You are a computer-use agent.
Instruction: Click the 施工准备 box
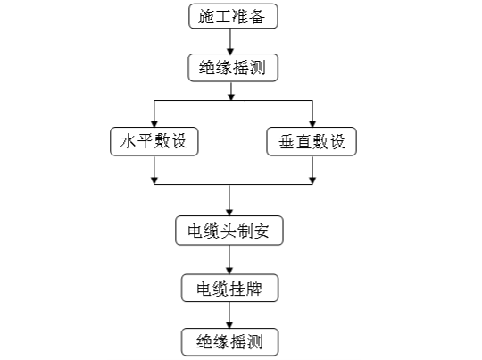(233, 16)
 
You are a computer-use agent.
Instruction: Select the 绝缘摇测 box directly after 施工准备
(233, 68)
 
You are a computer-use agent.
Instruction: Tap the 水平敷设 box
(154, 141)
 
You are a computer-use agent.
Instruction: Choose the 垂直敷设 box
(312, 141)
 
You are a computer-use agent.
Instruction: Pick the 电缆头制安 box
(229, 230)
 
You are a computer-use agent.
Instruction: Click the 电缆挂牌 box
(229, 288)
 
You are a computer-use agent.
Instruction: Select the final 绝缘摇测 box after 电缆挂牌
(229, 342)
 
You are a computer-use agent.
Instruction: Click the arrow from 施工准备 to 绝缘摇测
(230, 41)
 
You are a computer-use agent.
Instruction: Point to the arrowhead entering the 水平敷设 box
(154, 123)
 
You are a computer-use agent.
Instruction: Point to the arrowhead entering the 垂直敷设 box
(312, 123)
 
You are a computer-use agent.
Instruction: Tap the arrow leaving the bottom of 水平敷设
(154, 170)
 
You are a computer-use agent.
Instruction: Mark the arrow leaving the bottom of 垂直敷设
(312, 170)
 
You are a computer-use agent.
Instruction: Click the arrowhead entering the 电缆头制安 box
(229, 213)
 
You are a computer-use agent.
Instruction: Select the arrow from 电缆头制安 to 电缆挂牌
(229, 260)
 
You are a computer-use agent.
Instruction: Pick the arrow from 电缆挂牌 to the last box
(229, 315)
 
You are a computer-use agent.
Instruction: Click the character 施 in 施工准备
(206, 16)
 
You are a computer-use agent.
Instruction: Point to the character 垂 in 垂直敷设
(287, 142)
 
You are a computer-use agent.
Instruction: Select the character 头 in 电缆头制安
(229, 230)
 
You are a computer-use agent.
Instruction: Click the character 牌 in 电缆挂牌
(254, 289)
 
